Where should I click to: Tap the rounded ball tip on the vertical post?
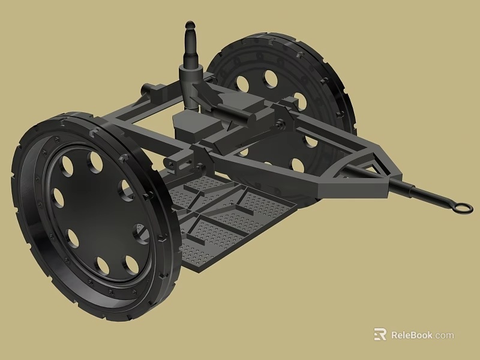(x=190, y=26)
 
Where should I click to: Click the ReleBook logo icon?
(x=380, y=334)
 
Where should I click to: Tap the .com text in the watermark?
(x=444, y=335)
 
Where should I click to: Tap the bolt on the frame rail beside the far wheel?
(x=280, y=124)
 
